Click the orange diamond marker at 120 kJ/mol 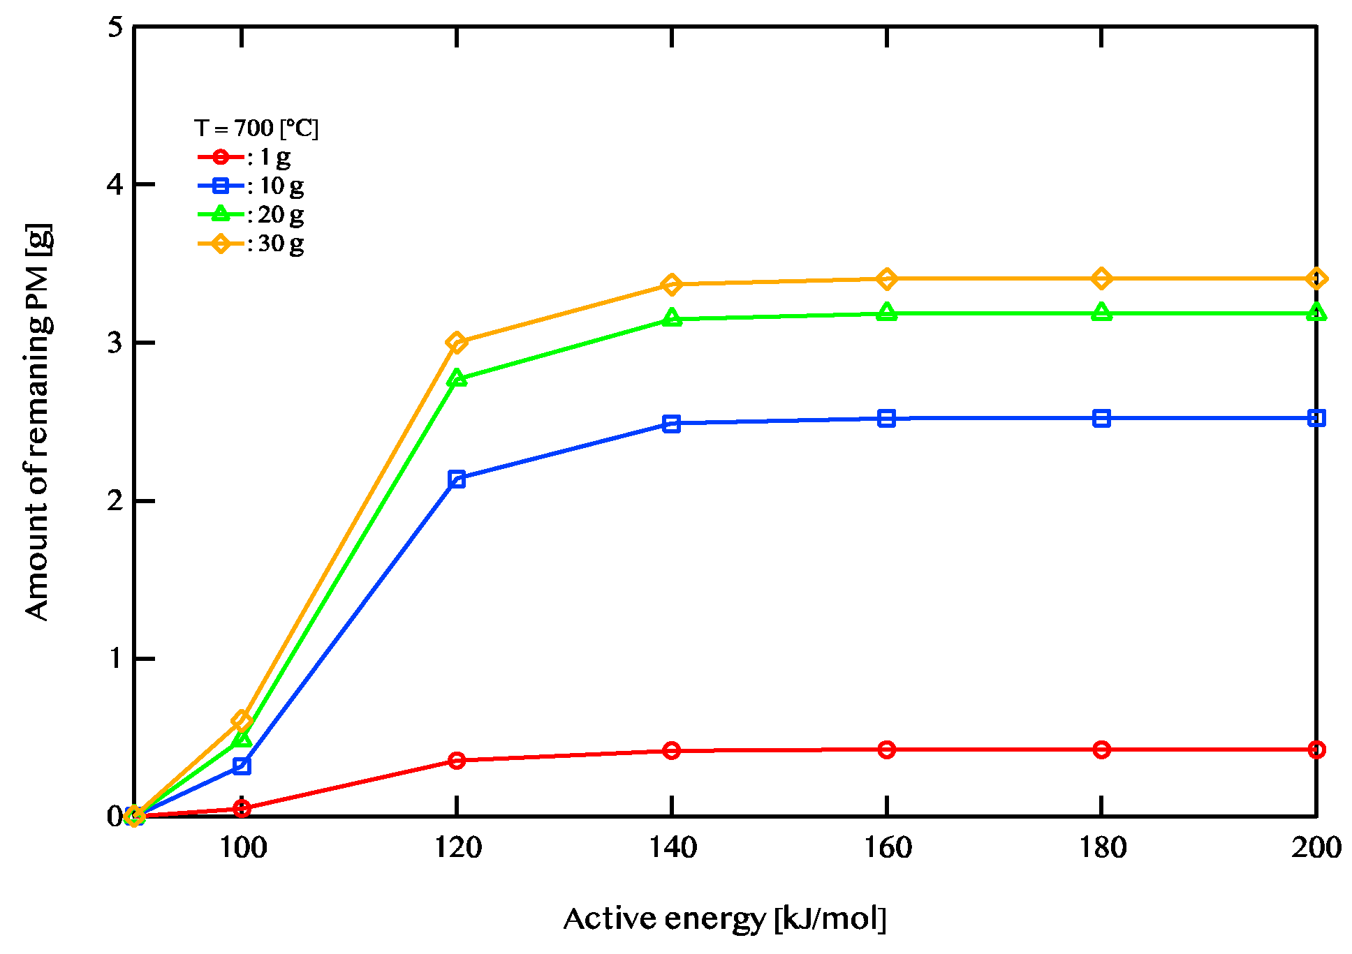tap(457, 343)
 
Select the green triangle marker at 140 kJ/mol tap(672, 318)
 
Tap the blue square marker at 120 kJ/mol tap(457, 479)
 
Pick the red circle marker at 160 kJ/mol tap(887, 750)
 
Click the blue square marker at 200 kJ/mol tap(1316, 418)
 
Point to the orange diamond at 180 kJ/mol tap(1101, 278)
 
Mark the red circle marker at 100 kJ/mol tap(242, 808)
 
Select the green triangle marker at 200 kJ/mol tap(1316, 313)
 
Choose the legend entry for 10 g tap(251, 186)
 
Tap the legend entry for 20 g tap(251, 215)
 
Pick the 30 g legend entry tap(251, 244)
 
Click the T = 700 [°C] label tap(256, 128)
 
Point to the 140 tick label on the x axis tap(673, 847)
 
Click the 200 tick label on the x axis tap(1316, 847)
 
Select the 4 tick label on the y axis tap(115, 185)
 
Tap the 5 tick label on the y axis tap(115, 27)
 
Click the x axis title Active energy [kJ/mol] tap(724, 919)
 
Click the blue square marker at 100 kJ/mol tap(242, 766)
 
